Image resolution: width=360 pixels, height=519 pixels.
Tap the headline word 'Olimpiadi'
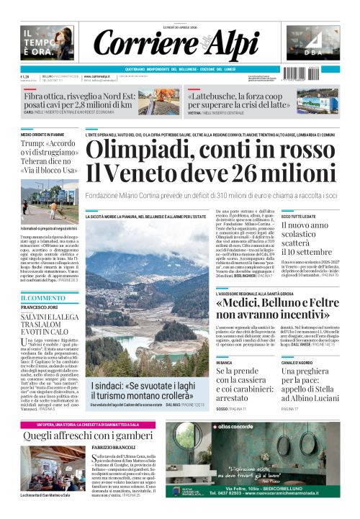(140, 150)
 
